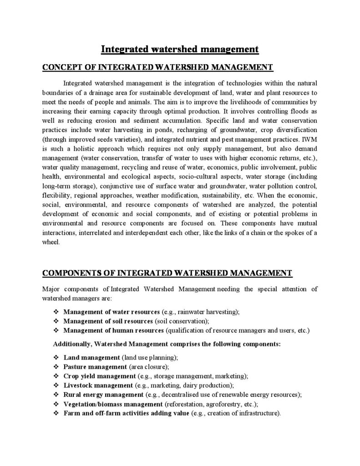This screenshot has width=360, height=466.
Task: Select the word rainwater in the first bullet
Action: [x=193, y=312]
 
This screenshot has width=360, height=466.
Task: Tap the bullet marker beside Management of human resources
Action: [x=56, y=330]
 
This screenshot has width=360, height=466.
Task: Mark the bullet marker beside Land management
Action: [x=56, y=358]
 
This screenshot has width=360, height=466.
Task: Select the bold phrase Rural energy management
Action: [x=103, y=395]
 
